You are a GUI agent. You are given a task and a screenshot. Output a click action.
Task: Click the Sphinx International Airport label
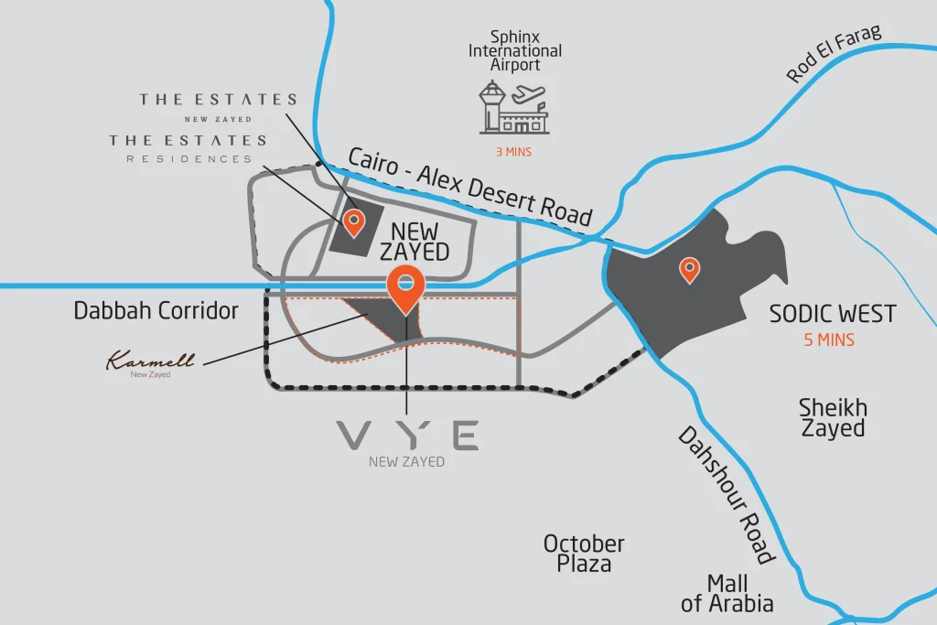[515, 51]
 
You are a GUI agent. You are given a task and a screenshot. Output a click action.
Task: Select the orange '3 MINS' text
[512, 152]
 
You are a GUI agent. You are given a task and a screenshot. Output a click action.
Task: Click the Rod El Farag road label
[834, 55]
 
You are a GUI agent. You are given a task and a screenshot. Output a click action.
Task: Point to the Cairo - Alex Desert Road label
[470, 187]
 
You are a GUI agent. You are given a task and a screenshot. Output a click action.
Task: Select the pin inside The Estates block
[352, 221]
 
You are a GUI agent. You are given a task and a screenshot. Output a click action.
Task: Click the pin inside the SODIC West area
[689, 269]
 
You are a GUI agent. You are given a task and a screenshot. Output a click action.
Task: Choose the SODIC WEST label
[832, 315]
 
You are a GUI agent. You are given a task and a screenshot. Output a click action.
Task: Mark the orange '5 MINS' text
[828, 340]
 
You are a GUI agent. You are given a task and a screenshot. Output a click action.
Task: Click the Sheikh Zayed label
[833, 417]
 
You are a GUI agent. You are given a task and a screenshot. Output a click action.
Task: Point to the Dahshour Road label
[727, 495]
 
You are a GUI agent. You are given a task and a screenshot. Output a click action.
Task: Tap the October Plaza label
[584, 554]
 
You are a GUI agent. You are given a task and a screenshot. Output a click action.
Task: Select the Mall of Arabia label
[727, 593]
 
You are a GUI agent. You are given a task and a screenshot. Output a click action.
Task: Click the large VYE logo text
[407, 436]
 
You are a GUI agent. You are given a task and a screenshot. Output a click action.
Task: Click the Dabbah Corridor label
[156, 311]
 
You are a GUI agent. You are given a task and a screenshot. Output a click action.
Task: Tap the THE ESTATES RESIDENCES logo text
[188, 148]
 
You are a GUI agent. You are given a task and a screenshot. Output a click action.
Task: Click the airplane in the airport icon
[529, 94]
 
